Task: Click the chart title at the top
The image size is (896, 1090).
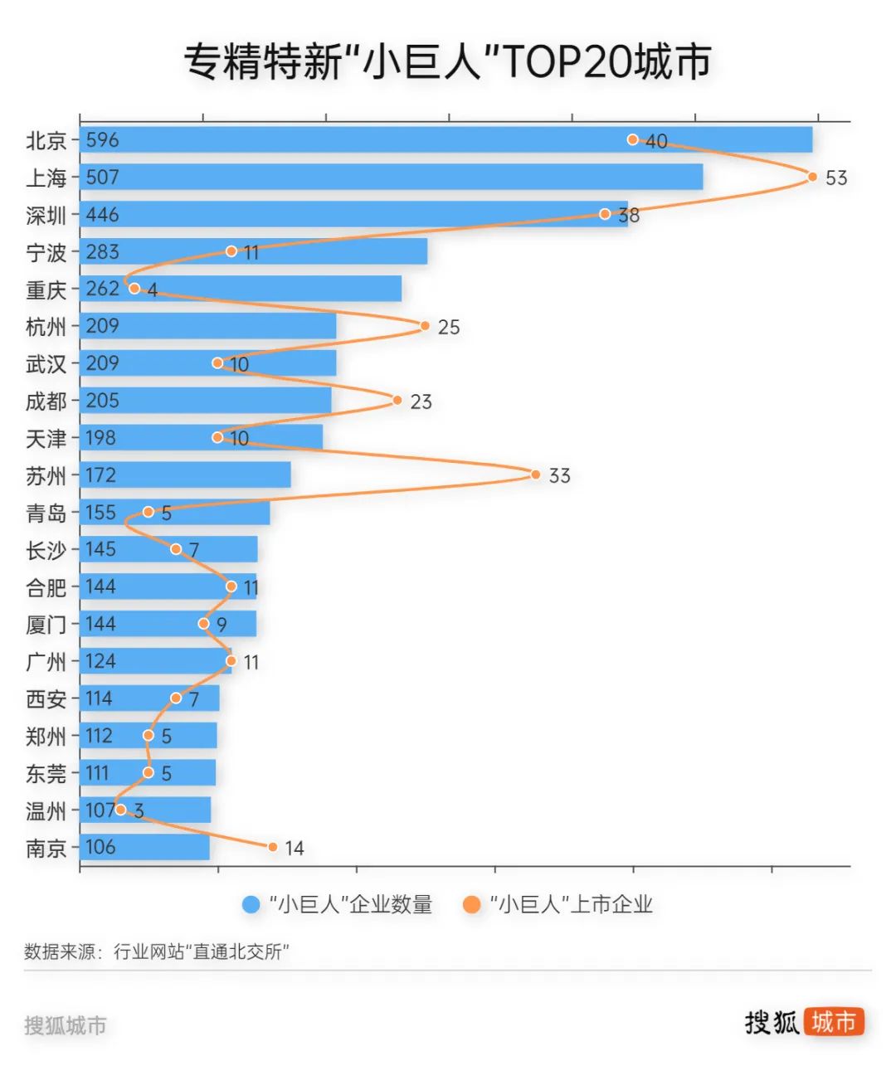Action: (447, 61)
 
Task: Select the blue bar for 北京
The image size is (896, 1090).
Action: (446, 139)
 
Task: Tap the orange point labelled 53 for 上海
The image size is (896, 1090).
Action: (812, 177)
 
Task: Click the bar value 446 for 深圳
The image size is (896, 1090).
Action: (102, 215)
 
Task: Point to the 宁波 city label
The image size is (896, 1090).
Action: (46, 252)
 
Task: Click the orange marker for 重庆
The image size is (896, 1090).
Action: (134, 289)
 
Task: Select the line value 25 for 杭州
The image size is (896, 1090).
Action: (448, 327)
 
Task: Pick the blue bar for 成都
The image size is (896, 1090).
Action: (205, 401)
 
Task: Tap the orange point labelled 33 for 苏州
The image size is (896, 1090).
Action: (535, 474)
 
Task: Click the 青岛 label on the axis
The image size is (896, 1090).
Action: (46, 513)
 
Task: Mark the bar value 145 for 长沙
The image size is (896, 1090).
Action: (100, 549)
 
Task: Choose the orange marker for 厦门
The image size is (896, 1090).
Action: (204, 623)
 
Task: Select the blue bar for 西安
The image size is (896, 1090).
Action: (149, 698)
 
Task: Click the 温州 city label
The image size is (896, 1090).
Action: (46, 810)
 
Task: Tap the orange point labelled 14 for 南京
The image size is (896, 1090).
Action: (273, 847)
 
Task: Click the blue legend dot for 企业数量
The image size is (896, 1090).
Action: (251, 904)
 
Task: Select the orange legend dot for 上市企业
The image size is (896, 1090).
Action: (471, 904)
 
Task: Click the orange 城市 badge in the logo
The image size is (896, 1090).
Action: (833, 1021)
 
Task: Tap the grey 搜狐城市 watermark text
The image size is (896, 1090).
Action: (66, 1025)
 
